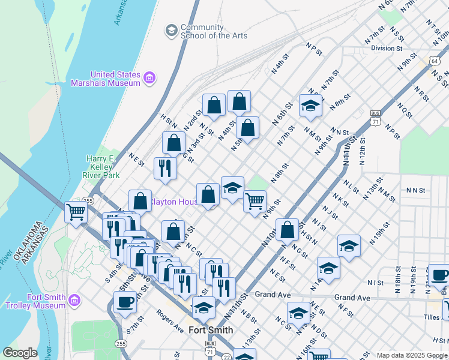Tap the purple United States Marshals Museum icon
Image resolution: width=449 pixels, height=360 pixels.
pyautogui.click(x=149, y=77)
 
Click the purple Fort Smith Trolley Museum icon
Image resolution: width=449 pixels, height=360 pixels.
pyautogui.click(x=74, y=299)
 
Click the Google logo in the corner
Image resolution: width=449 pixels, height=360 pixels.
pyautogui.click(x=20, y=353)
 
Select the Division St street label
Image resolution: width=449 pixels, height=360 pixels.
pyautogui.click(x=387, y=48)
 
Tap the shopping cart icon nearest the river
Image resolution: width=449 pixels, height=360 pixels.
pyautogui.click(x=76, y=212)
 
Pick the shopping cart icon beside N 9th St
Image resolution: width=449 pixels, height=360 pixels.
pyautogui.click(x=255, y=200)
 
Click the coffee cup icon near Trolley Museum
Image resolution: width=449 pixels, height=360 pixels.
pyautogui.click(x=125, y=301)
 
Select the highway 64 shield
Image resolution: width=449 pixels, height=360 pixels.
pyautogui.click(x=434, y=61)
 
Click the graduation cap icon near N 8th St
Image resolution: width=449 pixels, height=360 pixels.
pyautogui.click(x=311, y=106)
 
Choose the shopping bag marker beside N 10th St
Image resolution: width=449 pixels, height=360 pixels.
pyautogui.click(x=288, y=229)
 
